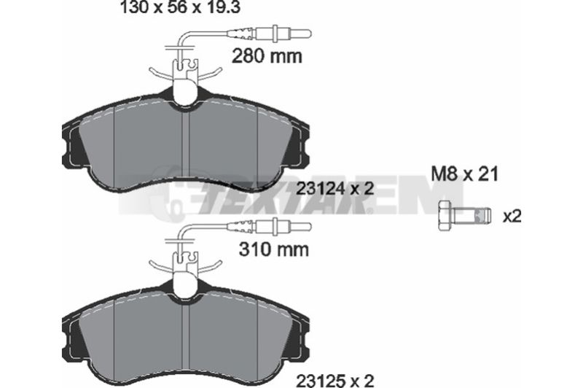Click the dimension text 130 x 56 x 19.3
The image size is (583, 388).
[180, 7]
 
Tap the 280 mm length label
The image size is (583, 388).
[267, 56]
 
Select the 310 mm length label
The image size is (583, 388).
[274, 249]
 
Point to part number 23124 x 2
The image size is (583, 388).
[334, 190]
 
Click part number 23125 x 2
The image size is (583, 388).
[334, 381]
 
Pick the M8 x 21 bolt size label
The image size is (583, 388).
[464, 174]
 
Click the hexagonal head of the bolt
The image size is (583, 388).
[445, 215]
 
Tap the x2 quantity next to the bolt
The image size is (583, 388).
[512, 216]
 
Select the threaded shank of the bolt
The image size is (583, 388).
[472, 216]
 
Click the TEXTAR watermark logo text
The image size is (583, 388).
[283, 201]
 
